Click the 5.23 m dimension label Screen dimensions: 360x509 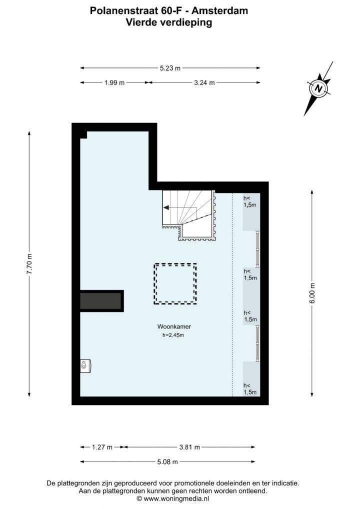click(x=170, y=68)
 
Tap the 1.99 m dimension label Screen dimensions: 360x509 click(x=114, y=83)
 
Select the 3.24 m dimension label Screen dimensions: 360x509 click(x=204, y=83)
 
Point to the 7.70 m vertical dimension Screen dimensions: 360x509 click(x=29, y=263)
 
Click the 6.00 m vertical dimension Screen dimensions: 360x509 click(x=312, y=293)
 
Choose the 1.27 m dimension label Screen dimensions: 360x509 click(x=102, y=447)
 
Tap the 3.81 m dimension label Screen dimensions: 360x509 click(x=189, y=447)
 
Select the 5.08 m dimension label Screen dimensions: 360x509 click(x=167, y=461)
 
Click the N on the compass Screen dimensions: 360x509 click(x=319, y=88)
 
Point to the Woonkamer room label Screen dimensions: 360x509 click(x=174, y=327)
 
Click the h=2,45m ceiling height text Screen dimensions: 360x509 click(x=173, y=335)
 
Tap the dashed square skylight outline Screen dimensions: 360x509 click(x=175, y=263)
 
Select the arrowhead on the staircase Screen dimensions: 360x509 click(x=165, y=207)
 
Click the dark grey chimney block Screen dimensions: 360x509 click(x=101, y=301)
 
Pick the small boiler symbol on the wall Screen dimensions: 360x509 click(x=85, y=366)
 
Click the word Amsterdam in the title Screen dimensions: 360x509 click(x=220, y=10)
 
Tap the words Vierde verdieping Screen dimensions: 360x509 click(x=169, y=22)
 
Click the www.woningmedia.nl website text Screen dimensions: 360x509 click(x=176, y=498)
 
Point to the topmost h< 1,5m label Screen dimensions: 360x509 click(x=249, y=201)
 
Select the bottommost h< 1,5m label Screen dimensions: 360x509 click(x=250, y=389)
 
